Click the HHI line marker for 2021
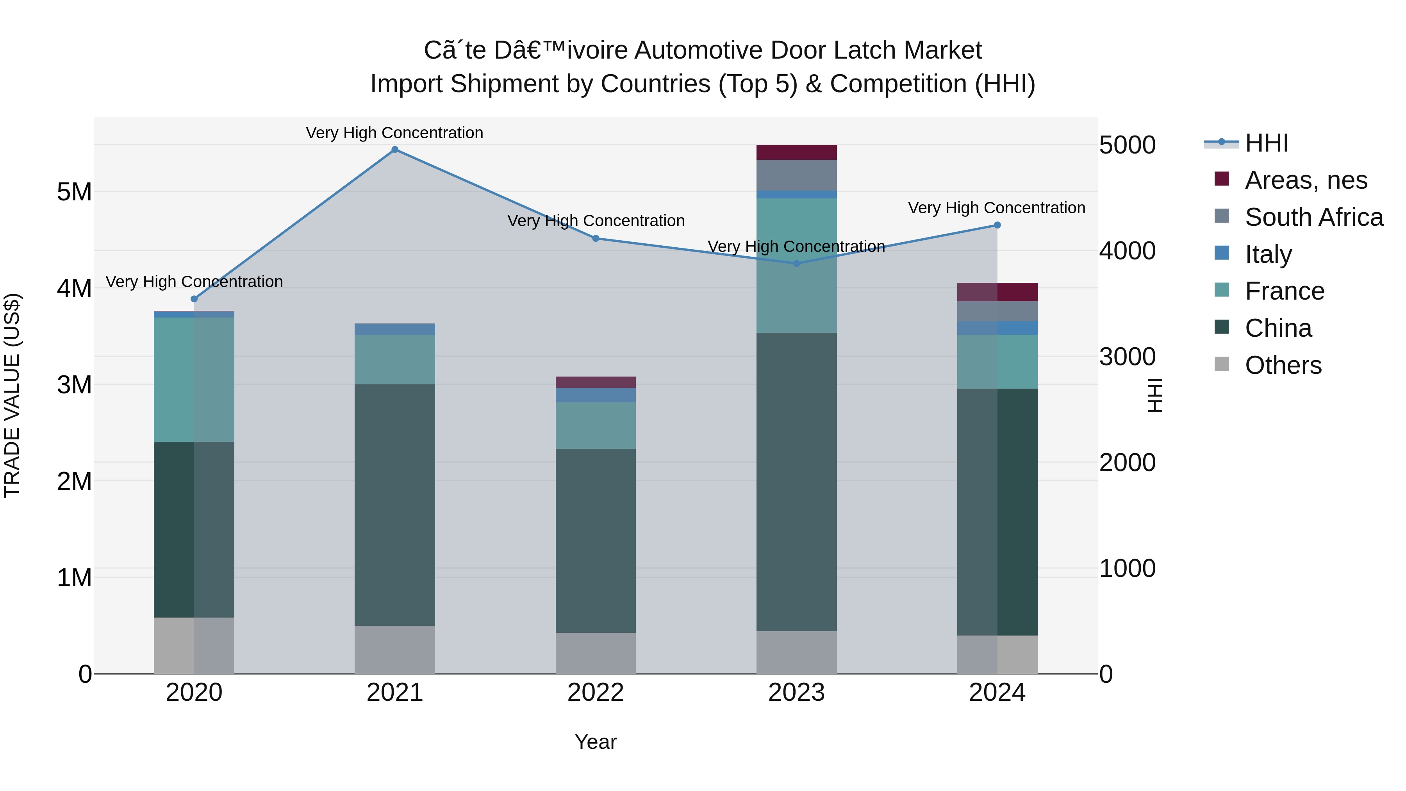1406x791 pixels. [394, 150]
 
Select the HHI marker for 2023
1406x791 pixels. [796, 264]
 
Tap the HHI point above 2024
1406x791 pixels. [997, 225]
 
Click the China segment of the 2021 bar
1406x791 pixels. [394, 505]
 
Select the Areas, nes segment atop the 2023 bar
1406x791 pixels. [796, 152]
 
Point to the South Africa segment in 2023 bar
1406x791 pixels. [796, 175]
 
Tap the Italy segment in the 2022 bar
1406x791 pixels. [596, 395]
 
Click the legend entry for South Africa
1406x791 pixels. [1314, 217]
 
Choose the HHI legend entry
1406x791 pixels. [1266, 143]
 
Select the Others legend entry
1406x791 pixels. [1283, 365]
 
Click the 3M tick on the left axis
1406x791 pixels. [74, 385]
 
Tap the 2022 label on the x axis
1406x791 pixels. [596, 693]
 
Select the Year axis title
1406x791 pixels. [596, 742]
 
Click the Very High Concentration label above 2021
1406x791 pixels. [394, 133]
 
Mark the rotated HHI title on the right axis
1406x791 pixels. [1155, 395]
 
